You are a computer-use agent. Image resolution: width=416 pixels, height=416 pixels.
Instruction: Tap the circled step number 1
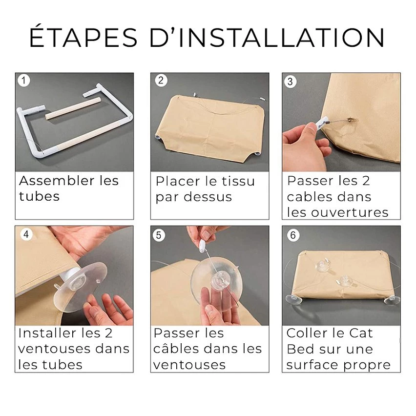[x=24, y=81]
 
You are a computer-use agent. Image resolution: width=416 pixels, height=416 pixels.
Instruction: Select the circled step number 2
[x=161, y=81]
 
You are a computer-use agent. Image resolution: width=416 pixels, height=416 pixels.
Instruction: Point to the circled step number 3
[x=290, y=82]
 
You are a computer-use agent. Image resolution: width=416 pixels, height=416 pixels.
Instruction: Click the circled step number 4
[x=26, y=234]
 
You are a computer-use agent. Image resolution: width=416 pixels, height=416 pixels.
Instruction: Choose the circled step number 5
[x=159, y=235]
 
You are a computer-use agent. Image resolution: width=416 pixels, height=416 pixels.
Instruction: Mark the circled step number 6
[x=293, y=235]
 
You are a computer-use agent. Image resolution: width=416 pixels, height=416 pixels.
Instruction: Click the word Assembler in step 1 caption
[x=57, y=181]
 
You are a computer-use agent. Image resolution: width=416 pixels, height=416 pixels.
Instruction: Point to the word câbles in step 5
[x=178, y=349]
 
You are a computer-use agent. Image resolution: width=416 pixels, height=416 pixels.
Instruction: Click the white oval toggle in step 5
[x=202, y=247]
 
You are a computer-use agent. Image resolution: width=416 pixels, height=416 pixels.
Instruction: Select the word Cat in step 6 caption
[x=361, y=333]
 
